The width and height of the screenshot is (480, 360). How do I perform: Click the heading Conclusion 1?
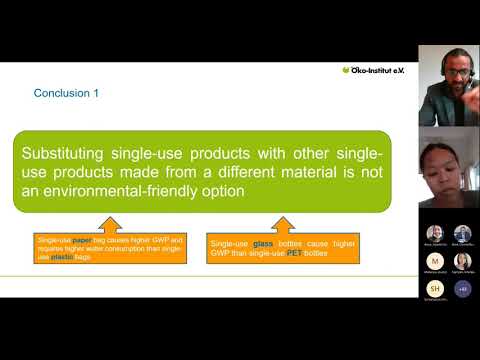[x=67, y=93]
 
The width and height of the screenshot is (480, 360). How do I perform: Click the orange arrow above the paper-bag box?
[x=109, y=224]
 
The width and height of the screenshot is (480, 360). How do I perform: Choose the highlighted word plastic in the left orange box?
[x=66, y=258]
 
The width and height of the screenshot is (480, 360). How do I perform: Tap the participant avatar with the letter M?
[x=435, y=261]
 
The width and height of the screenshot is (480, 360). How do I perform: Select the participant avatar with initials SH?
[x=435, y=288]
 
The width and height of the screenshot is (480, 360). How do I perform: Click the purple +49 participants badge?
[x=462, y=288]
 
